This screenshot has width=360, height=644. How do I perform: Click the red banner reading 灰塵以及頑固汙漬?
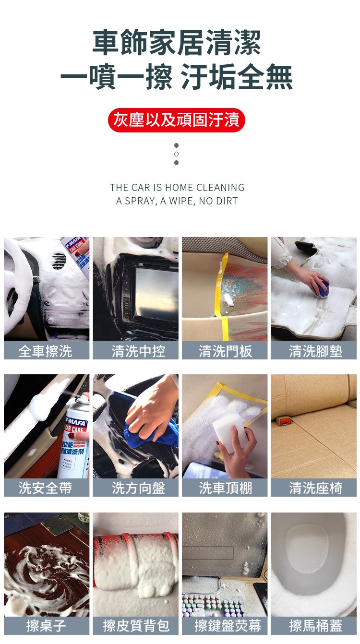176,120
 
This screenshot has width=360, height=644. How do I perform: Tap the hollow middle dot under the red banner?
176,154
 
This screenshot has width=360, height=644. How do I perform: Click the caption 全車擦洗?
46,351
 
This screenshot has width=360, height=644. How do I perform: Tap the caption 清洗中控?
138,351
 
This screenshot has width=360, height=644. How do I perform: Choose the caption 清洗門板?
226,351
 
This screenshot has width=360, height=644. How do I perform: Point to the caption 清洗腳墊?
316,351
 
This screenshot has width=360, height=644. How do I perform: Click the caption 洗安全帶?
46,488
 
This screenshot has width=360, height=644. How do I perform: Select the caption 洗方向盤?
138,488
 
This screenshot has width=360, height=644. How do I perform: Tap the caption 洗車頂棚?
226,488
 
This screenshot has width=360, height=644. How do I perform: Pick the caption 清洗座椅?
316,488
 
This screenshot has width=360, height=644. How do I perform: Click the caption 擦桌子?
46,626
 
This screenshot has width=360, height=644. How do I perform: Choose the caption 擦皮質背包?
136,626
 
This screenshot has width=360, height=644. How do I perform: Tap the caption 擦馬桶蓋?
316,626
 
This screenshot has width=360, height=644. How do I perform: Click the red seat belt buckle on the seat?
284,421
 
